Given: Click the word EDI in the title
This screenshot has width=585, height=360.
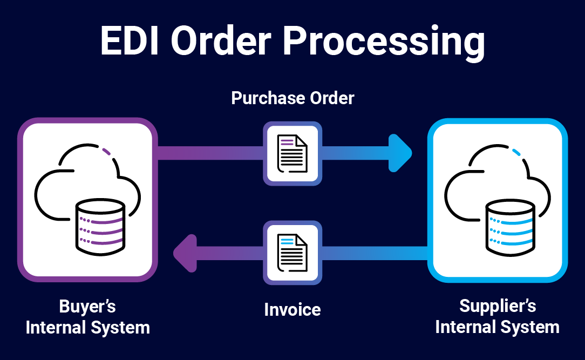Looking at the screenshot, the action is coord(130,40).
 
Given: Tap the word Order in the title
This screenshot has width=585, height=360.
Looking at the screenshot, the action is coord(221,40).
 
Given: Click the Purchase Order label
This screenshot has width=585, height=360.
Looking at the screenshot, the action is coord(292,98).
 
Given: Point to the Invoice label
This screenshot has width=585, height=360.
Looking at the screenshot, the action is coord(292,310).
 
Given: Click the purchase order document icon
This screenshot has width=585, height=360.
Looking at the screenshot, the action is coord(292,153).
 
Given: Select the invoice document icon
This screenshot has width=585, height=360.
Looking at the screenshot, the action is coord(292,253).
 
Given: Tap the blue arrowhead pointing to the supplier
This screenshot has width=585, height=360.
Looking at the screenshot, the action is coord(400,153).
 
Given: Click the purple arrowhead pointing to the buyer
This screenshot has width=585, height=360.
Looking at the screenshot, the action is coord(185,253).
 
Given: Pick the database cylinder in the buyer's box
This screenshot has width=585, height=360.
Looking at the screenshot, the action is coord(100,227).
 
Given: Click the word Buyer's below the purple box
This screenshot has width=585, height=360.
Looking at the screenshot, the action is coord(87,306).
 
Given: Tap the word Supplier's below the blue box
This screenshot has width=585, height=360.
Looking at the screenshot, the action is coord(498,306).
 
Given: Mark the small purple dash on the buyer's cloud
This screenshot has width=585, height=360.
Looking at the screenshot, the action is coord(106,152).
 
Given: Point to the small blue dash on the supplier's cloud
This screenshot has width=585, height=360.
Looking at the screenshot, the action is coord(516,152).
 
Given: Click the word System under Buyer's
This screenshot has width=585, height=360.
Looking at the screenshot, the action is coord(120,328).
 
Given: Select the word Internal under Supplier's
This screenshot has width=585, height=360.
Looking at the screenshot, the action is coord(466,327).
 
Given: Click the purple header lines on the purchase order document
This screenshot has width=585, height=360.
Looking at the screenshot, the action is coord(287,142).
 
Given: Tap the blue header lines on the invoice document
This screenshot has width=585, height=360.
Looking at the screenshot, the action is coord(287,241).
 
